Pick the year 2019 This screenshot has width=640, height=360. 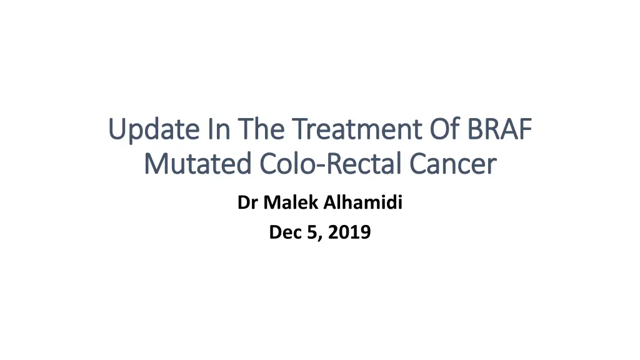349,232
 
